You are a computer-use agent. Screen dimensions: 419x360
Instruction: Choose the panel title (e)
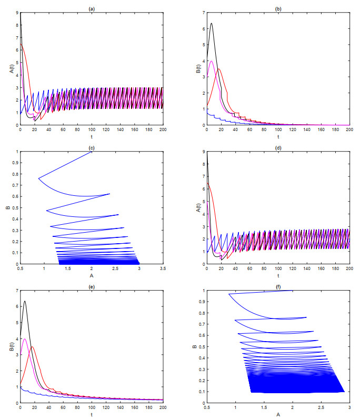(x=92, y=285)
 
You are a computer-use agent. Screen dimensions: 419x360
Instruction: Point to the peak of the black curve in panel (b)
(x=211, y=23)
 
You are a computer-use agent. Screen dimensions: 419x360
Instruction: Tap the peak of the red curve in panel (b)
(x=219, y=68)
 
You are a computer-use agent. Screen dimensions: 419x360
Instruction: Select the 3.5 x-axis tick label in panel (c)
(x=163, y=269)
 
